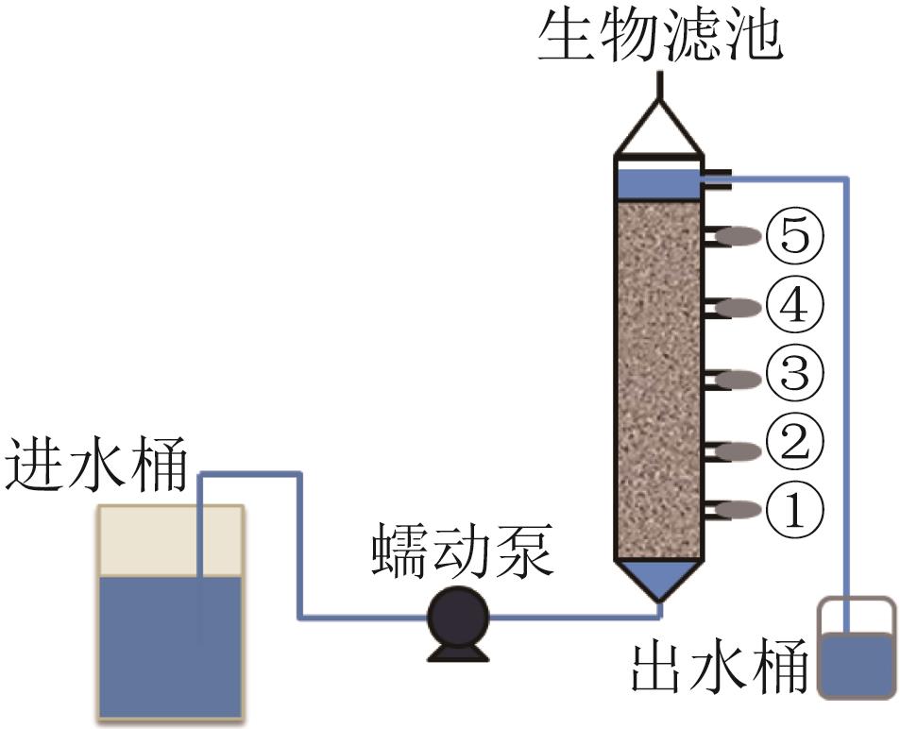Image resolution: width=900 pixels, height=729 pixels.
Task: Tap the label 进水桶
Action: point(97,468)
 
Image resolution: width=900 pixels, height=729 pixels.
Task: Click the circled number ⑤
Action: point(794,235)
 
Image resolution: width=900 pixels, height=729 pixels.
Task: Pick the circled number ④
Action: point(794,306)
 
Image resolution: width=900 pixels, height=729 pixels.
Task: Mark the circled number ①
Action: point(794,511)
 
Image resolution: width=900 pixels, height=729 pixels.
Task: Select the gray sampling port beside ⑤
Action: point(739,235)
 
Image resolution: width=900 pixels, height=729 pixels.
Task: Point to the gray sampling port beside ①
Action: point(739,511)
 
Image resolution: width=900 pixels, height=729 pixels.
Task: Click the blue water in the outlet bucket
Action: point(856,666)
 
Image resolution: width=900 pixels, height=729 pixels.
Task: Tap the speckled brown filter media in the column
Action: point(658,378)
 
